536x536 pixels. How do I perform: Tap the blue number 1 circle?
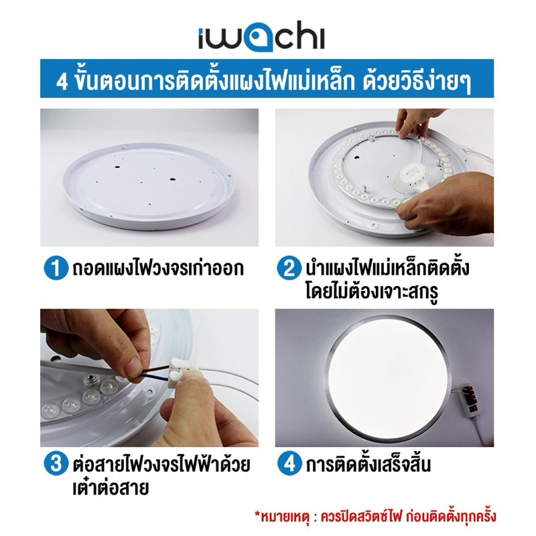[x=56, y=269]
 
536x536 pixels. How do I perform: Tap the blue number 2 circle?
[x=289, y=269]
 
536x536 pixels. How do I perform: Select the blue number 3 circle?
[x=56, y=464]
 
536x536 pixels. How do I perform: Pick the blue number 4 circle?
[x=289, y=464]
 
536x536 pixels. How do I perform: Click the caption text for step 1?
[x=158, y=269]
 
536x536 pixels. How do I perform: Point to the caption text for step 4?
[x=368, y=464]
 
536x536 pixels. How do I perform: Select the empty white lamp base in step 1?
[x=149, y=185]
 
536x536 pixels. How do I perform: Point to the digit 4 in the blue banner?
[x=62, y=82]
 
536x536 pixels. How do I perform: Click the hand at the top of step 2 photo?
[x=416, y=124]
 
